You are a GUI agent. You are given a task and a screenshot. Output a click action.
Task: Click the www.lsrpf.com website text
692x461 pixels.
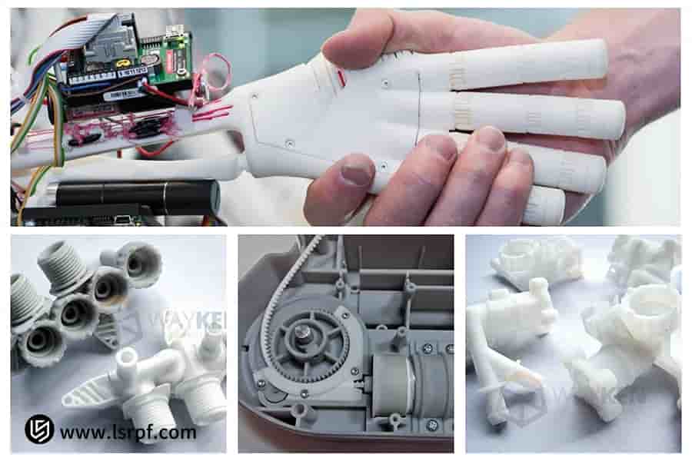tap(128, 433)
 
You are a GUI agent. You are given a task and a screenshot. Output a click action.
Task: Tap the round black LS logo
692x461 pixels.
tap(39, 429)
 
